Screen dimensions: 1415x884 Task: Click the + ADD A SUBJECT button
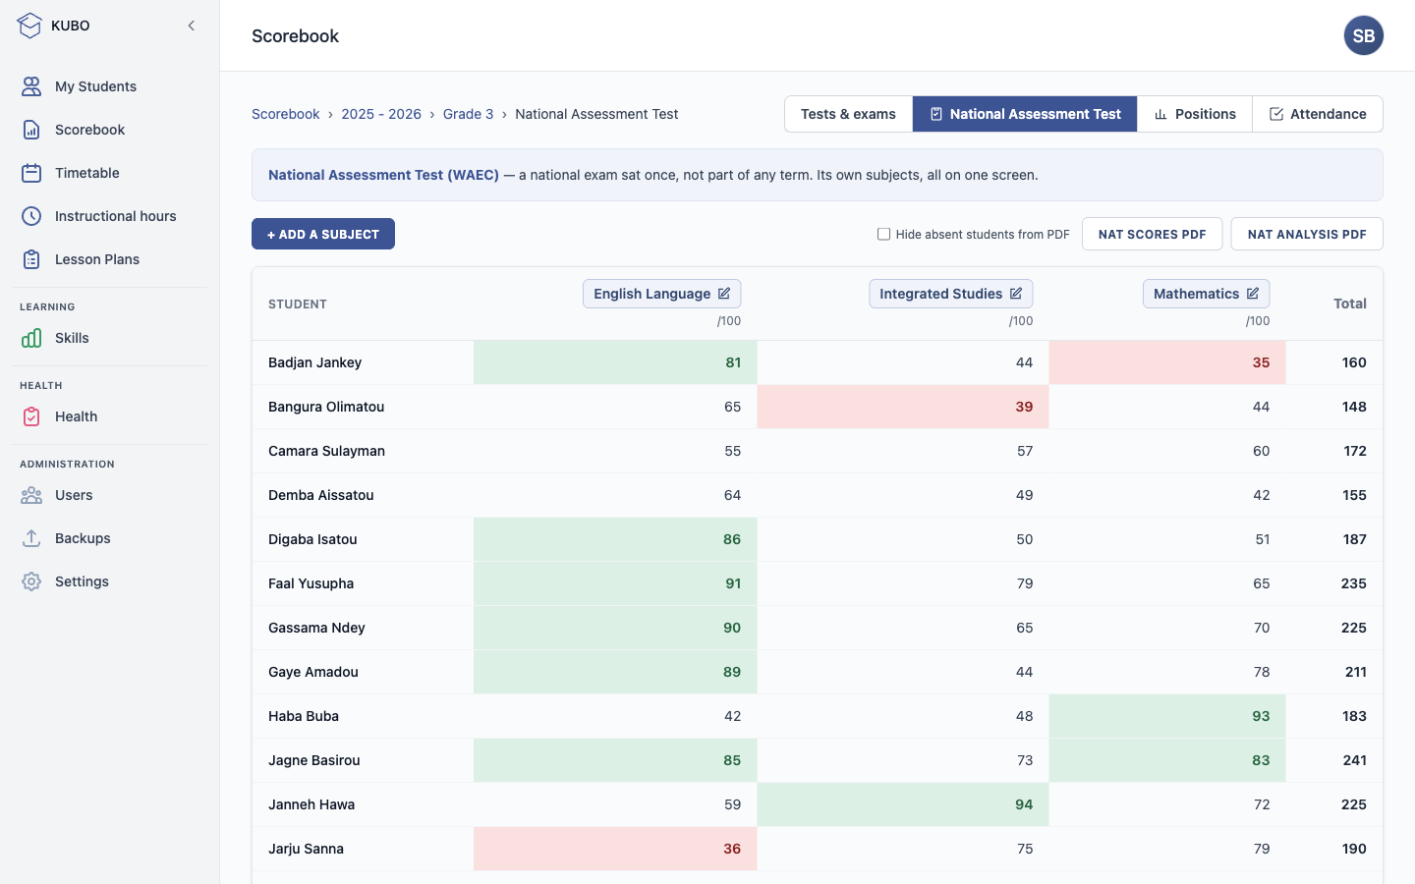click(322, 234)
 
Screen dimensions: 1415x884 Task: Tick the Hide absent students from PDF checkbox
click(883, 234)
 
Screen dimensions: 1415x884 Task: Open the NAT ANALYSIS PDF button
click(1306, 234)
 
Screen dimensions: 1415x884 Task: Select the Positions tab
click(1195, 114)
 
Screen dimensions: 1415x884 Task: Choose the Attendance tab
click(1318, 114)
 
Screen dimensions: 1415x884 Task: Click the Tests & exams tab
click(848, 114)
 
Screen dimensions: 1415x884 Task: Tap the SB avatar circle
click(1363, 35)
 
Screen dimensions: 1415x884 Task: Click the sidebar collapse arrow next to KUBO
click(192, 26)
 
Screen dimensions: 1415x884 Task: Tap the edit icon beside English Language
click(724, 293)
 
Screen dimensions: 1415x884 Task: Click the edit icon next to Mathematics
click(1253, 293)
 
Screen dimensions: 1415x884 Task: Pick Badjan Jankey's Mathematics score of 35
click(1261, 362)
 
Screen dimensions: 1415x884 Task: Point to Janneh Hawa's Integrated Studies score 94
click(1024, 804)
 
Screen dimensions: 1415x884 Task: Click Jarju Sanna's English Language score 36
click(732, 849)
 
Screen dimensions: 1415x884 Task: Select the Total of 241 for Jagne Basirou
click(1354, 760)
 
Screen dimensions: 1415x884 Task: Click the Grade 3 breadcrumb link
click(468, 114)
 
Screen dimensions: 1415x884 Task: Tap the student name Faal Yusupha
click(311, 583)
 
